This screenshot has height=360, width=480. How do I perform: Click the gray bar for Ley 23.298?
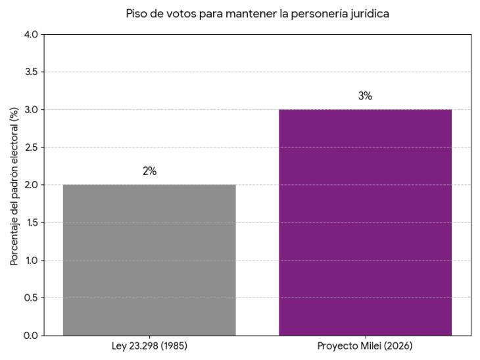coord(149,260)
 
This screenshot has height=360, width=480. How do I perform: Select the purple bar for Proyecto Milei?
coord(365,222)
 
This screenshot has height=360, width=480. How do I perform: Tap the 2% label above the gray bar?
coord(149,171)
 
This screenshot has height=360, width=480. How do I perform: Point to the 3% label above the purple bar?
coord(365,96)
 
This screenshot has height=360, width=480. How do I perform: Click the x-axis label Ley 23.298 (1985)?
coord(149,346)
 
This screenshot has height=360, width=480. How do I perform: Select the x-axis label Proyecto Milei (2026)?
coord(365,346)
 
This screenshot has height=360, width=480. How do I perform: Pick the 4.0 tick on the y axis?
coord(30,34)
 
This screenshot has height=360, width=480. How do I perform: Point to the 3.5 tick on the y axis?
coord(30,72)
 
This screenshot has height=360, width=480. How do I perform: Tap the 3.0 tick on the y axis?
coord(30,110)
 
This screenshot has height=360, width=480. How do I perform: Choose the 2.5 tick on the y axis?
coord(30,147)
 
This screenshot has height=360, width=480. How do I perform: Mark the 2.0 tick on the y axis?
coord(30,185)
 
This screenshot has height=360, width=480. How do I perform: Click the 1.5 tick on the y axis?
coord(30,223)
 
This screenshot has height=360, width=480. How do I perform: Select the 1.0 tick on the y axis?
coord(30,261)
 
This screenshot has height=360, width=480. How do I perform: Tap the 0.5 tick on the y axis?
coord(30,298)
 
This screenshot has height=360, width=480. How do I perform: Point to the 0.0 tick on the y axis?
coord(30,336)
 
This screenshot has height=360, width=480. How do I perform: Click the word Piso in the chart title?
coord(136,13)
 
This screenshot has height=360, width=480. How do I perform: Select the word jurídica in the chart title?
coord(368,13)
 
